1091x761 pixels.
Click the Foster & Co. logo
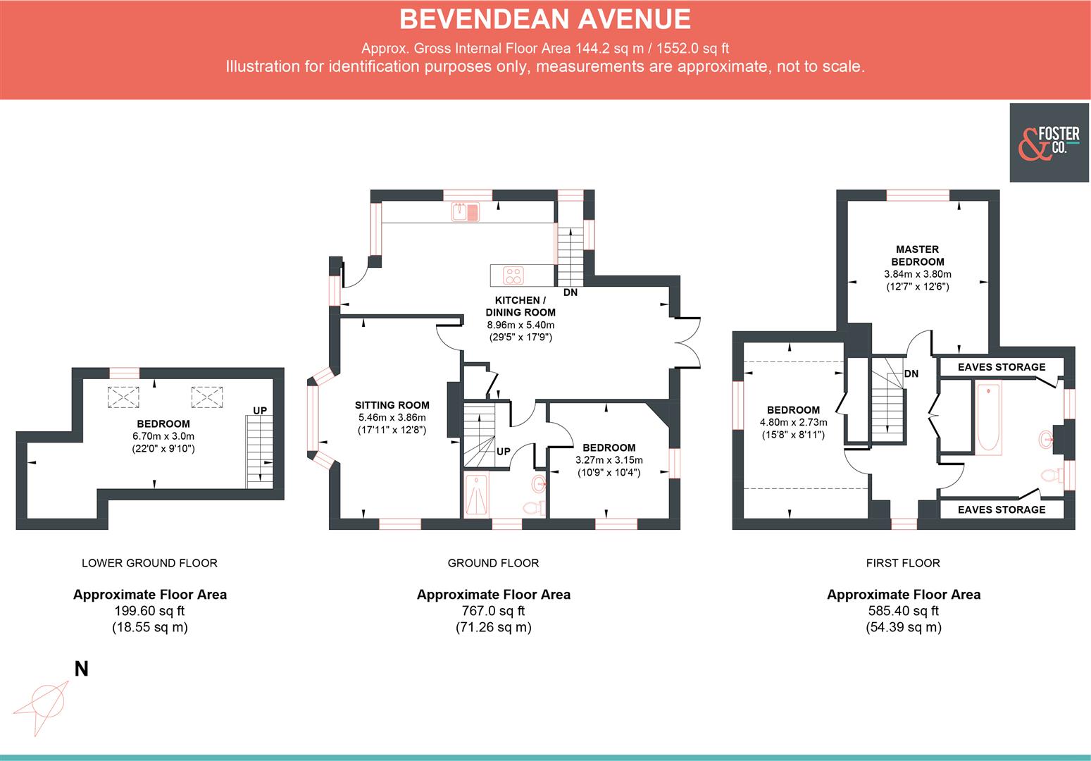[1049, 142]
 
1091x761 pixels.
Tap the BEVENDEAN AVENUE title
[544, 19]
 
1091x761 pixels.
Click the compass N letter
[82, 669]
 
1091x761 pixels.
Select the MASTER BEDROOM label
[917, 255]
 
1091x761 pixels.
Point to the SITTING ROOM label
[392, 405]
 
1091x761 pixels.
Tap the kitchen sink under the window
[466, 211]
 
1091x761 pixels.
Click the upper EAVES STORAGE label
[1001, 367]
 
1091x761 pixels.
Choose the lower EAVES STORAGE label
[1001, 509]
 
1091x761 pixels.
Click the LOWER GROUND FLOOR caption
[149, 563]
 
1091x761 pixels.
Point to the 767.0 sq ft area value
[493, 611]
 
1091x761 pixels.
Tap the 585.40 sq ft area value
[903, 611]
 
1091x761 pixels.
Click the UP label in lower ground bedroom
[260, 410]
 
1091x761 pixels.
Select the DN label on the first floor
[911, 373]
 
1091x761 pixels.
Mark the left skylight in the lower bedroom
[123, 397]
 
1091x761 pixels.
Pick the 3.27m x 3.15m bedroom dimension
[609, 460]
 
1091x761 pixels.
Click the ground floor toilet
[534, 507]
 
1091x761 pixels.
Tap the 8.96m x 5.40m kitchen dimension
[520, 325]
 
